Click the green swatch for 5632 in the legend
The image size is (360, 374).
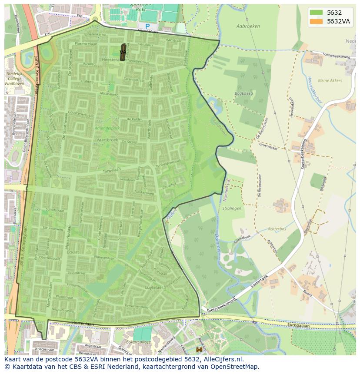tap(316, 13)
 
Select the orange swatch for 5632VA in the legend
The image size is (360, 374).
tap(316, 21)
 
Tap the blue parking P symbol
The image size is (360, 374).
tap(147, 26)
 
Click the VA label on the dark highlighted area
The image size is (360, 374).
tap(123, 52)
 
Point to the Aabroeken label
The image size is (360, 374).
tap(248, 26)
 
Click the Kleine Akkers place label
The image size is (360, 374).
tap(330, 80)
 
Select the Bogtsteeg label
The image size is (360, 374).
tap(244, 93)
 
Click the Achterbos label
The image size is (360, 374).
tap(277, 228)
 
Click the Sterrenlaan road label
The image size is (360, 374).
tap(83, 324)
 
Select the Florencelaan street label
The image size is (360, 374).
tap(85, 44)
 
